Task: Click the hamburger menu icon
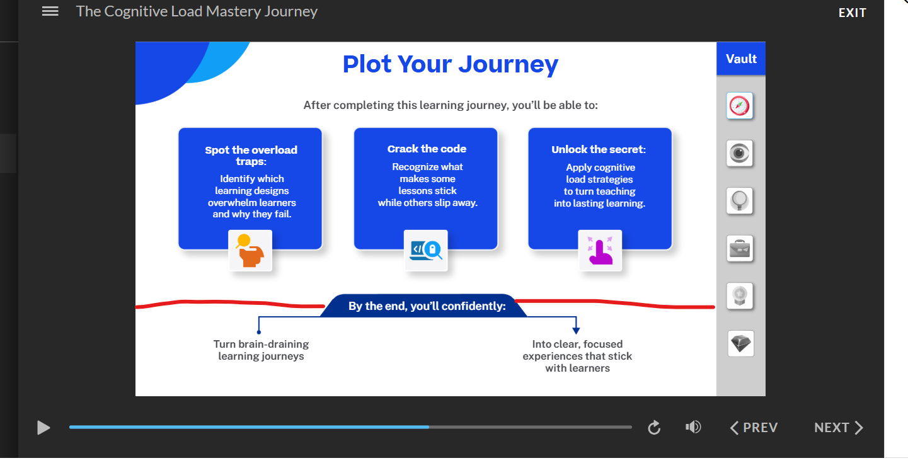tap(50, 11)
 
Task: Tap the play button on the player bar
tap(43, 428)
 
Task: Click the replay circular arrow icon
tap(654, 427)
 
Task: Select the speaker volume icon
tap(693, 427)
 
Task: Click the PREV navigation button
tap(754, 427)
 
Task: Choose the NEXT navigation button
tap(839, 427)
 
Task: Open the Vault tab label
tap(741, 59)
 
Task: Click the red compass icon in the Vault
tap(739, 106)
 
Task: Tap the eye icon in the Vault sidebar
tap(739, 154)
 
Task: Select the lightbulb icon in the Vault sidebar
tap(739, 201)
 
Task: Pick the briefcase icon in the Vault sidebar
tap(740, 249)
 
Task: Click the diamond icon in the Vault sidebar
tap(740, 344)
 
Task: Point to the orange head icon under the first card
tap(250, 251)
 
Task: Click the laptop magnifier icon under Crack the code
tap(426, 251)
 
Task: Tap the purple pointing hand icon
tap(600, 251)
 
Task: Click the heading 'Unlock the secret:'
tap(599, 149)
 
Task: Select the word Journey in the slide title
tap(509, 65)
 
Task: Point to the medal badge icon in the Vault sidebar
tap(740, 296)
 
